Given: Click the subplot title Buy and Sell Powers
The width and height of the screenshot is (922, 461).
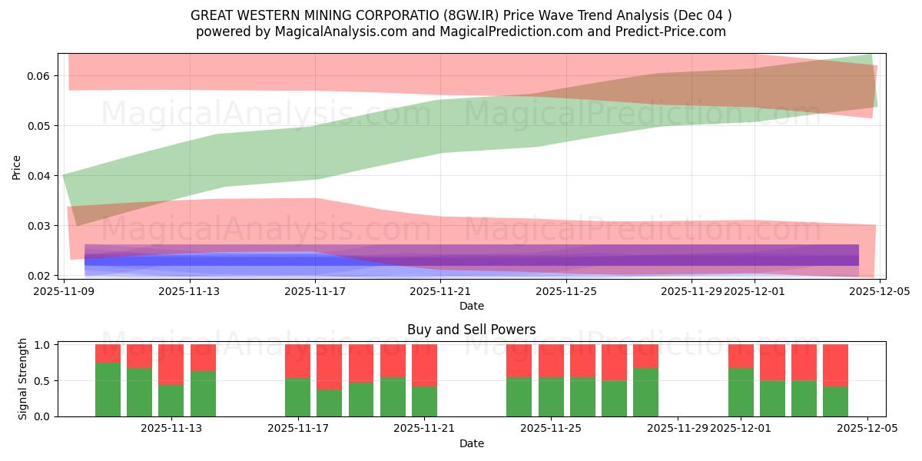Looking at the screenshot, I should coord(471,330).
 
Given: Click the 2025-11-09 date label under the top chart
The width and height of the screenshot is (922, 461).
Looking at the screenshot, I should coord(64,291).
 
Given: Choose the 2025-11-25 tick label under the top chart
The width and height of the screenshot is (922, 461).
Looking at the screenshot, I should coord(566,291).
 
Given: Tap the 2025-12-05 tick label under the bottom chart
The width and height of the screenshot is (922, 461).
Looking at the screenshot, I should coord(867,429).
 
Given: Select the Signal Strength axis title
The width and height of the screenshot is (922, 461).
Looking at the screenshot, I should coord(23,379).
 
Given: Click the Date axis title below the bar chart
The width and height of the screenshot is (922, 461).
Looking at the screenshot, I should coord(471,443).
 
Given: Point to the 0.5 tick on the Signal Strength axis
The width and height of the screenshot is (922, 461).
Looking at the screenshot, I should coord(42,381).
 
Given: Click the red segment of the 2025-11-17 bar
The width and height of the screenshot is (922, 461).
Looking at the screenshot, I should coord(297,361).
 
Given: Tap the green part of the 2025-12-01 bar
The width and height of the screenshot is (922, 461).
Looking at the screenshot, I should coord(741,392).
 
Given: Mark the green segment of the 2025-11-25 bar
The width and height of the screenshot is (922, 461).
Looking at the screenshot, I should coord(551,396).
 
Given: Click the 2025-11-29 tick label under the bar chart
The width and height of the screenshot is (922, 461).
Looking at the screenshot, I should coord(678,429).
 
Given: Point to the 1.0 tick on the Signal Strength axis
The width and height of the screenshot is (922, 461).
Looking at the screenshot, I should coord(42,345).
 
